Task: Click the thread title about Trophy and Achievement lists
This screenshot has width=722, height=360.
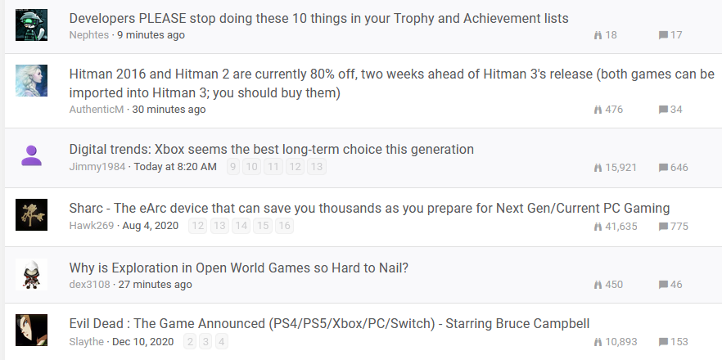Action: pyautogui.click(x=318, y=19)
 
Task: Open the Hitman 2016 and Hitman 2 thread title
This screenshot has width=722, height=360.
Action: pyautogui.click(x=391, y=83)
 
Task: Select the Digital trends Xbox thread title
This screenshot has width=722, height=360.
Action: pyautogui.click(x=271, y=150)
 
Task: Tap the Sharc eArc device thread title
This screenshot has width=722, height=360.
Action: pyautogui.click(x=369, y=208)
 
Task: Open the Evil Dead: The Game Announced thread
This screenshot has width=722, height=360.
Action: pyautogui.click(x=329, y=324)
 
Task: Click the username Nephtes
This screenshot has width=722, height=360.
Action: pyautogui.click(x=89, y=35)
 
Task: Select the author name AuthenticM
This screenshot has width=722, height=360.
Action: pyautogui.click(x=97, y=110)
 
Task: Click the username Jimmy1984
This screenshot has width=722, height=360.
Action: pyautogui.click(x=97, y=167)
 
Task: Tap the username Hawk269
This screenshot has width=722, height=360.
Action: pyautogui.click(x=91, y=226)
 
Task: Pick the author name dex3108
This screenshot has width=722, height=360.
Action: pyautogui.click(x=89, y=285)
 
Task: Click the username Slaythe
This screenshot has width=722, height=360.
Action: pyautogui.click(x=86, y=342)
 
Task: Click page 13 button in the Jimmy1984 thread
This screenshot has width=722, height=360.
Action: pyautogui.click(x=317, y=167)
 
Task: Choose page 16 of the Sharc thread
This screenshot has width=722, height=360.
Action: pyautogui.click(x=285, y=226)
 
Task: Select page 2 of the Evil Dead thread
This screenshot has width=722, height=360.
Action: pyautogui.click(x=190, y=341)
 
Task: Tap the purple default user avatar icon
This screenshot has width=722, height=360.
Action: pyautogui.click(x=31, y=155)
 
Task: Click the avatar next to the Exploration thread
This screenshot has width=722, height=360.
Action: pyautogui.click(x=31, y=274)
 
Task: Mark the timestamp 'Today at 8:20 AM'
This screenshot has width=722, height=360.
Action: pyautogui.click(x=175, y=167)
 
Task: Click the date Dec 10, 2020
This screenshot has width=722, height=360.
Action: pyautogui.click(x=142, y=342)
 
